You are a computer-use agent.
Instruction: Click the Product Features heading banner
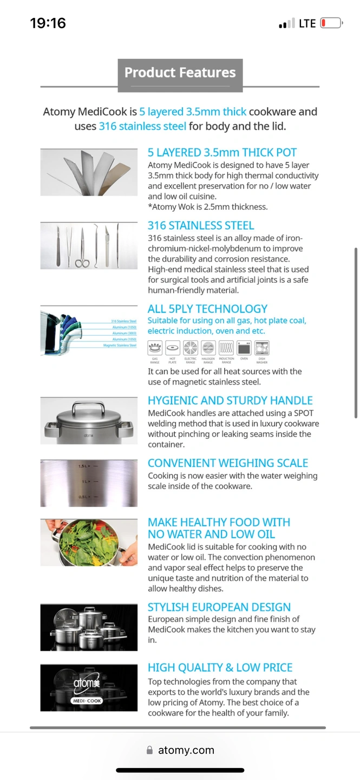[180, 73]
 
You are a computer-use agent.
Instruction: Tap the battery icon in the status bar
[331, 23]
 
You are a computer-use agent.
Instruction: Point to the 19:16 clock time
[48, 23]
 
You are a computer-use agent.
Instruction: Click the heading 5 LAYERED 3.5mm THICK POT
[222, 153]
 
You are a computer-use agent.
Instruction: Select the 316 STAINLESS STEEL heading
[201, 225]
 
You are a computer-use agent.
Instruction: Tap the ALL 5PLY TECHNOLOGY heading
[207, 309]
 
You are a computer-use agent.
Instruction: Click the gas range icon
[155, 348]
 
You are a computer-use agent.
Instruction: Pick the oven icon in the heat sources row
[244, 348]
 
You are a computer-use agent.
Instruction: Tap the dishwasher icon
[262, 348]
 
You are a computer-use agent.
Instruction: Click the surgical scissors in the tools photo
[82, 249]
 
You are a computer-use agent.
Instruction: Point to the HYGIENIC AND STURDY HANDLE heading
[230, 401]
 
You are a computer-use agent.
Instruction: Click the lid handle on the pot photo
[89, 406]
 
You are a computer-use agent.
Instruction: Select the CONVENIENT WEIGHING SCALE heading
[228, 463]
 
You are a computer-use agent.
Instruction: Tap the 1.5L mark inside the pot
[84, 466]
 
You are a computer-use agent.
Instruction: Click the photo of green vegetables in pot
[89, 542]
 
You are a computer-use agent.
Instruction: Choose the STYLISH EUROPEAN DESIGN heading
[219, 607]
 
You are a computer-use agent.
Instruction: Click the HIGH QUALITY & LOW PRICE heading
[220, 667]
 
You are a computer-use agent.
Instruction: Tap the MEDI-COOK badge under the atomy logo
[87, 700]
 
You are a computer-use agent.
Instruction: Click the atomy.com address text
[186, 750]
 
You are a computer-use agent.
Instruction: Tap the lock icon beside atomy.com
[149, 750]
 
